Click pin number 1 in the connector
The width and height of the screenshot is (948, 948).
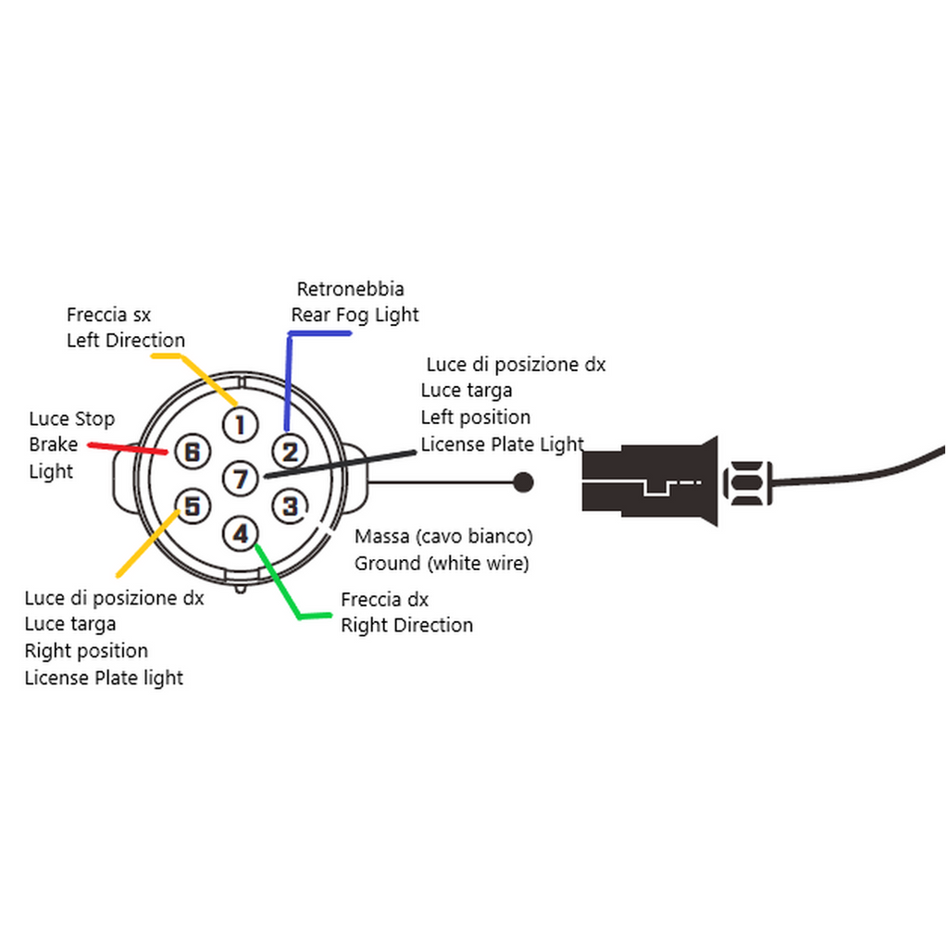click(240, 425)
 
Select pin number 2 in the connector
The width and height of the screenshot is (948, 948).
click(290, 452)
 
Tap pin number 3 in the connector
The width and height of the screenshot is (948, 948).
click(290, 505)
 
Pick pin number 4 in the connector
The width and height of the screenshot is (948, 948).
click(241, 533)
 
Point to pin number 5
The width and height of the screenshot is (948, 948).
click(192, 505)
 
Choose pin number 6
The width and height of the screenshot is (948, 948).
click(192, 452)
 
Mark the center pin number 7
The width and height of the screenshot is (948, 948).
click(241, 479)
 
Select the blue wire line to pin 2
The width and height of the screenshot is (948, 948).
click(289, 380)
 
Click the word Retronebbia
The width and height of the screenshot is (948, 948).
click(350, 289)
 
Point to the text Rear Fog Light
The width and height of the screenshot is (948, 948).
click(355, 315)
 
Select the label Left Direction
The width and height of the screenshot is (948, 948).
click(126, 340)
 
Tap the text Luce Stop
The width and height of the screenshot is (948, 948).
click(72, 419)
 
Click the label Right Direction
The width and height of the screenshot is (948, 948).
click(406, 625)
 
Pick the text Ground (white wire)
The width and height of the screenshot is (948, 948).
click(442, 562)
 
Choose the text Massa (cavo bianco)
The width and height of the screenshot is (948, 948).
click(443, 536)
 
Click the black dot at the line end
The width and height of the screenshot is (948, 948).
click(523, 481)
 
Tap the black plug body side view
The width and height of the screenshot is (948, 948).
click(648, 481)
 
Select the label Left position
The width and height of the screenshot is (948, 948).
click(476, 418)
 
